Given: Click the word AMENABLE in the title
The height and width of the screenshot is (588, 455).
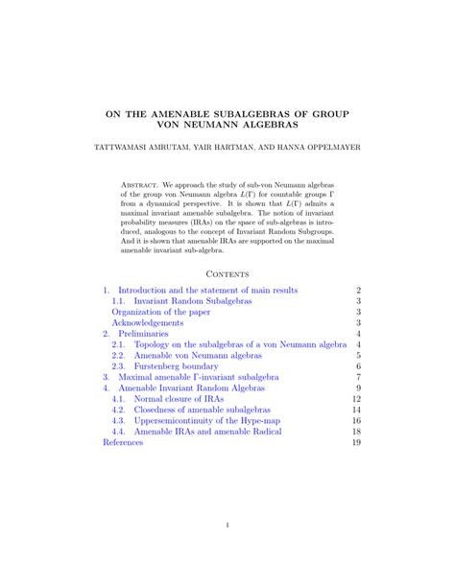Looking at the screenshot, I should point(173,113).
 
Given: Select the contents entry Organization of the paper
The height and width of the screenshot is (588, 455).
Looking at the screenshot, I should point(162,312).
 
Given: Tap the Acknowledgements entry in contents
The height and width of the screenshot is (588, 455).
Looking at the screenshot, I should point(148,323).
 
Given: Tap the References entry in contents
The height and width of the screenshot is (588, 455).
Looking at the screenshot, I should point(128,443).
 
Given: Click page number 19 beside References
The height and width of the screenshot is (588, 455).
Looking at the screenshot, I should point(356,443).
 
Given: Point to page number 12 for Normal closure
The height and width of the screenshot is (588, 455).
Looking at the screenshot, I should point(356,399).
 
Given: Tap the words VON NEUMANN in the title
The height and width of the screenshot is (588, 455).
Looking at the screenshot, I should point(185,126).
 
